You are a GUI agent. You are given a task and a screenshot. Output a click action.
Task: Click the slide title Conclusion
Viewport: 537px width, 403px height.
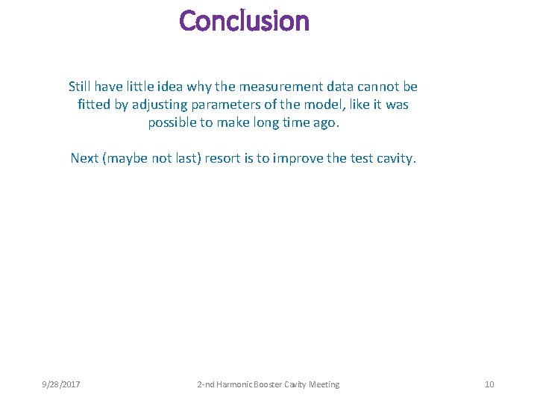(x=244, y=21)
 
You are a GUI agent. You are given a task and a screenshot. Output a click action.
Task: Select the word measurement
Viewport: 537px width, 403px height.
(x=282, y=87)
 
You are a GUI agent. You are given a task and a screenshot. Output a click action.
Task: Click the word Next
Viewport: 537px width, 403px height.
(x=84, y=158)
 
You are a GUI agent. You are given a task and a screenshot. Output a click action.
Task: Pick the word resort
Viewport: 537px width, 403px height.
(x=220, y=158)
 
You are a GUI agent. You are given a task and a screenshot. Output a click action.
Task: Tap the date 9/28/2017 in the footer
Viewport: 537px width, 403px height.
(x=61, y=384)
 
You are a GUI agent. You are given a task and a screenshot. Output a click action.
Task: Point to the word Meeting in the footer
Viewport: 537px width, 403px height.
(x=322, y=384)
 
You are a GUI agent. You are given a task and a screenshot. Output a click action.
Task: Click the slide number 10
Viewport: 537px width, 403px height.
(x=489, y=384)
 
